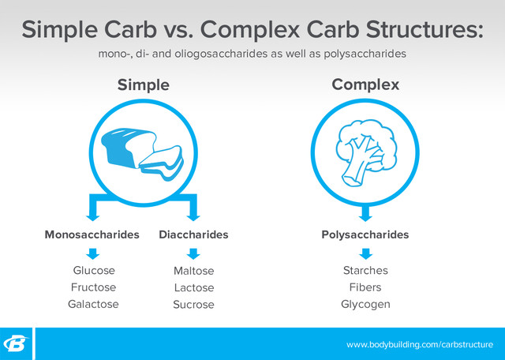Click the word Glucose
pos(93,271)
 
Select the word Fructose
pos(93,287)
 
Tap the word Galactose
pos(93,304)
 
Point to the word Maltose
pos(193,272)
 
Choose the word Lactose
pos(193,288)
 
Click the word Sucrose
pos(193,305)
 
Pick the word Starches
pos(365,271)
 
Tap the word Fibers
pos(365,287)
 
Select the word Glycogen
pos(365,304)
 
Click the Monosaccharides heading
pos(92,234)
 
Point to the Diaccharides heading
pos(193,234)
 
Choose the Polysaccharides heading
pos(365,234)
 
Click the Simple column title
pos(144,84)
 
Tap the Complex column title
pos(365,84)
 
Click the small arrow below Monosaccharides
pos(93,253)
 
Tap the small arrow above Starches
pos(365,253)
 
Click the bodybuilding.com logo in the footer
pos(17,344)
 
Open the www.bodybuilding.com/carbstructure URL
pos(420,345)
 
